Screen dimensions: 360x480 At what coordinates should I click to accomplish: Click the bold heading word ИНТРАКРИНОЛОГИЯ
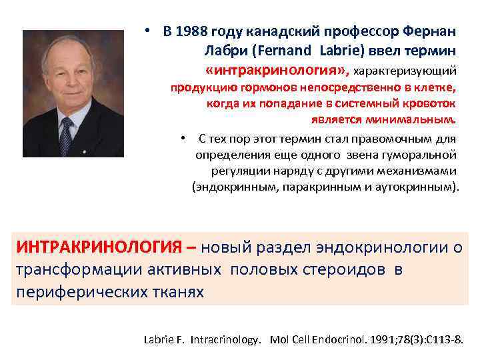99,249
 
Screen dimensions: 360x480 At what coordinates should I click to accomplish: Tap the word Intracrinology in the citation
226,339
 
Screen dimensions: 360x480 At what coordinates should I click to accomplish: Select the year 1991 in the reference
377,339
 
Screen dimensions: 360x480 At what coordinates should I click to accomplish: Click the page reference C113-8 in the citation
446,339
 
